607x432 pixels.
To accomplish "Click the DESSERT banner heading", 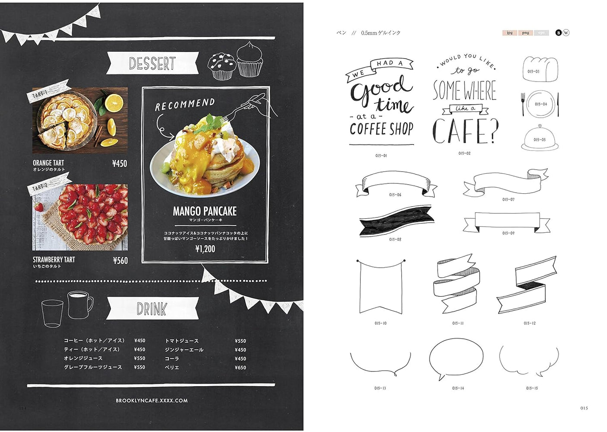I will point(152,64).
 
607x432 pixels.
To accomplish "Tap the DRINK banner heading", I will point(152,309).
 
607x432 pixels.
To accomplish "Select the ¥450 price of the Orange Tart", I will point(120,163).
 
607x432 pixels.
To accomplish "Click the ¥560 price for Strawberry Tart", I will point(120,260).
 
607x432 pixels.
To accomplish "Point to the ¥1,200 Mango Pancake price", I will point(205,249).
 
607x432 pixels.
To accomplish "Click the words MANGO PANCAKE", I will point(205,211).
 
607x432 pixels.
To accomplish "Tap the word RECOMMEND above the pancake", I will point(185,104).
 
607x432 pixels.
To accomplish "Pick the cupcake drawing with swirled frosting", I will point(250,60).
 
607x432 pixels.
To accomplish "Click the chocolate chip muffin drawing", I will point(222,66).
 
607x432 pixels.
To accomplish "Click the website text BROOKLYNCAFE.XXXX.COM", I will point(152,401).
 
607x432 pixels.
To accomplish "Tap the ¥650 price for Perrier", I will point(240,368).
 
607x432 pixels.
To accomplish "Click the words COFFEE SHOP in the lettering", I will point(381,128).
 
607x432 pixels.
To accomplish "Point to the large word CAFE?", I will point(465,131).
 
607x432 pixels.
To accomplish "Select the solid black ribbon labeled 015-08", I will point(395,221).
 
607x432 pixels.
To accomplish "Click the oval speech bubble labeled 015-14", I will point(456,358).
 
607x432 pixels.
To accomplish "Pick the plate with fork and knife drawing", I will point(540,104).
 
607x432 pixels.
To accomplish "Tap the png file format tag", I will point(525,33).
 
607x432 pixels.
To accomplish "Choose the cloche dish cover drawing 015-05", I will point(539,138).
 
